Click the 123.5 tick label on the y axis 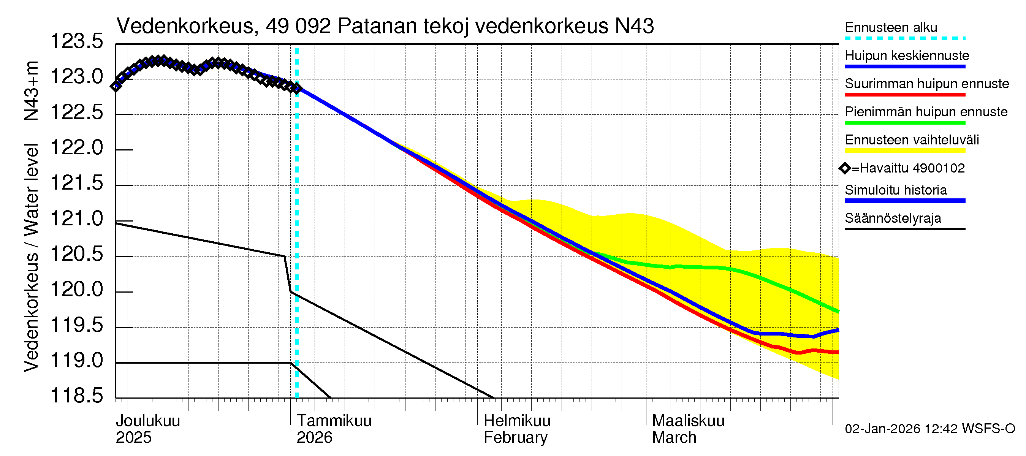tap(76, 41)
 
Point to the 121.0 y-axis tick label tap(76, 218)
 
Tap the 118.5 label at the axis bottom tap(76, 396)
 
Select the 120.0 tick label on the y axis tap(76, 289)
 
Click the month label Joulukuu tap(148, 421)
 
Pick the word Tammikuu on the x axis tap(334, 421)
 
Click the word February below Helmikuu tap(515, 437)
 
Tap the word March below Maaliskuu tap(674, 437)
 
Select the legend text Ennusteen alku tap(891, 27)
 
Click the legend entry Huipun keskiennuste tap(907, 55)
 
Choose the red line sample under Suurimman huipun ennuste tap(904, 95)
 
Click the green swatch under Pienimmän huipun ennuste tap(904, 123)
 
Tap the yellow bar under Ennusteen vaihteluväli tap(904, 151)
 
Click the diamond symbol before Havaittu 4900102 tap(845, 168)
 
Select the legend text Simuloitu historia tap(895, 190)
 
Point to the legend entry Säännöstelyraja tap(893, 218)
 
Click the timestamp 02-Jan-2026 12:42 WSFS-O tap(929, 429)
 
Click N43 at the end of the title tap(634, 26)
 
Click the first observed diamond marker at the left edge tap(116, 86)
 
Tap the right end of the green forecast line tap(838, 311)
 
